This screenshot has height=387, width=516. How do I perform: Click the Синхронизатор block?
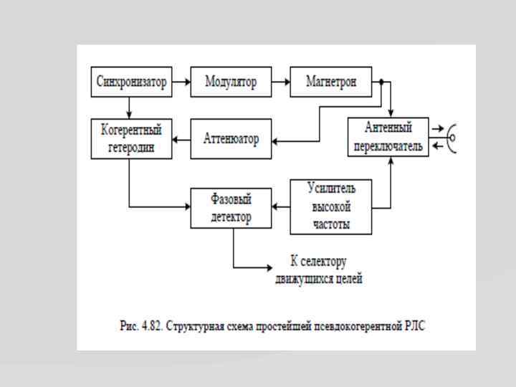[x=131, y=82]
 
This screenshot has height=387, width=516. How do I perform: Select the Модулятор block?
[x=231, y=82]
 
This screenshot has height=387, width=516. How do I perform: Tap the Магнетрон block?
[x=331, y=82]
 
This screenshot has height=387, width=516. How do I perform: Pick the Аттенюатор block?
[x=231, y=138]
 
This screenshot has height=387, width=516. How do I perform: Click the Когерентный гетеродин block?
[x=131, y=138]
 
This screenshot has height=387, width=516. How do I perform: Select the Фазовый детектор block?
[x=231, y=208]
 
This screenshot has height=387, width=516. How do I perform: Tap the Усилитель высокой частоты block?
[x=331, y=207]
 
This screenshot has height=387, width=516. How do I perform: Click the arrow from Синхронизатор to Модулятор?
[x=181, y=82]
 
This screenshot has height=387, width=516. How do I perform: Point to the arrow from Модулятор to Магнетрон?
[x=281, y=82]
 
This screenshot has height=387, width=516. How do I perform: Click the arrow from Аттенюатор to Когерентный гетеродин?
[x=181, y=138]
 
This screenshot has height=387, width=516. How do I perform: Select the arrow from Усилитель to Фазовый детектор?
[x=281, y=208]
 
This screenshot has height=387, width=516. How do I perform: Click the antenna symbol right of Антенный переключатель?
[x=452, y=136]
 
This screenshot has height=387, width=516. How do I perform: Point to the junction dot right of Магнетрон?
[x=381, y=82]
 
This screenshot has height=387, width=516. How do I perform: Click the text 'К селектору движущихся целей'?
[x=318, y=269]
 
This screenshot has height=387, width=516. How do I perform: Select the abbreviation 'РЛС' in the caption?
[x=415, y=325]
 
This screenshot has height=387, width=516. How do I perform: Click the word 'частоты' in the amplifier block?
[x=331, y=224]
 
